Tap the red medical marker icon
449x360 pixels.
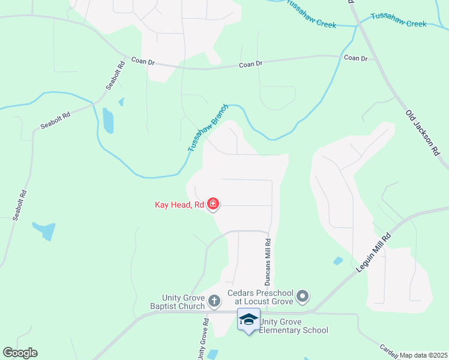pos(212,205)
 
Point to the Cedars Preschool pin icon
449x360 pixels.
pos(303,296)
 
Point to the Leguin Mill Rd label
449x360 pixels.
pos(373,253)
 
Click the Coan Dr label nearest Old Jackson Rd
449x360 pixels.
pos(355,58)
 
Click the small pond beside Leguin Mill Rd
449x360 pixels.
pos(338,261)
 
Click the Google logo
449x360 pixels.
pos(20,353)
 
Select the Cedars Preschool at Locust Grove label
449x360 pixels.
pos(262,297)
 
